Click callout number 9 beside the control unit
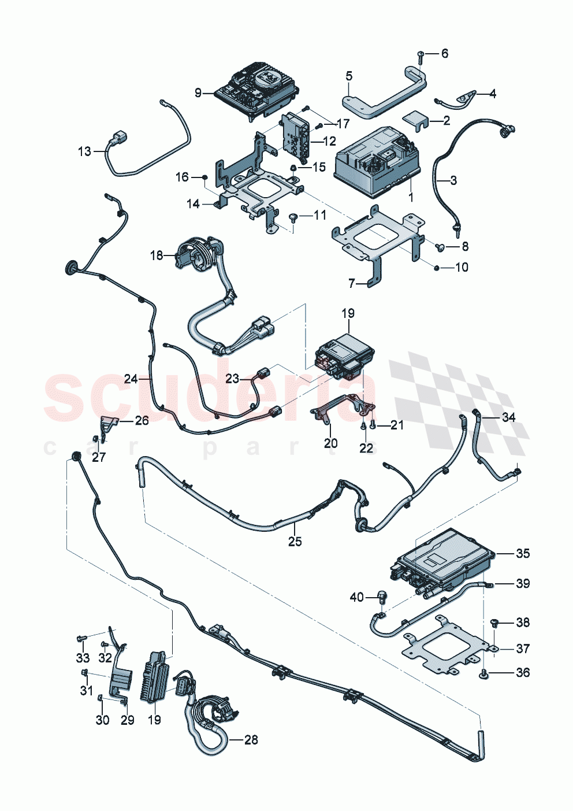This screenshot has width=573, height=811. pos(198,92)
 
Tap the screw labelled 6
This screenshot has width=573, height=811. pos(421,55)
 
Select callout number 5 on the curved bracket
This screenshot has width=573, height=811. pos(349,76)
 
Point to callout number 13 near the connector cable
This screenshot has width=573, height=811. pos(84,151)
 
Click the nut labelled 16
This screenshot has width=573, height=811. pos(204,177)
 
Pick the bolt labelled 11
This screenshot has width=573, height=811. pos(294,217)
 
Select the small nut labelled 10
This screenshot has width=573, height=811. pos(437,267)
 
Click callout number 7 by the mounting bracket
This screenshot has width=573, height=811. pos(352,283)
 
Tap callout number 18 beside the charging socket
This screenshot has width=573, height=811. pos(157,255)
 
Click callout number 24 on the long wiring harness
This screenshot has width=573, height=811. pos(131,379)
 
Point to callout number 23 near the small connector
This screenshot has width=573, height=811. pos(232,379)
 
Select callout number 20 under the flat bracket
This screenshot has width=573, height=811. pos(330,443)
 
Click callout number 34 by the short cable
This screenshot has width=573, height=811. pos(508,417)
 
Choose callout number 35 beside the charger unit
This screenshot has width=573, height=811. pos(522,553)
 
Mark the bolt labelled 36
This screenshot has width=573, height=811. pos(484,672)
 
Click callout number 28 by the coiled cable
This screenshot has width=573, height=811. pos(251,739)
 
